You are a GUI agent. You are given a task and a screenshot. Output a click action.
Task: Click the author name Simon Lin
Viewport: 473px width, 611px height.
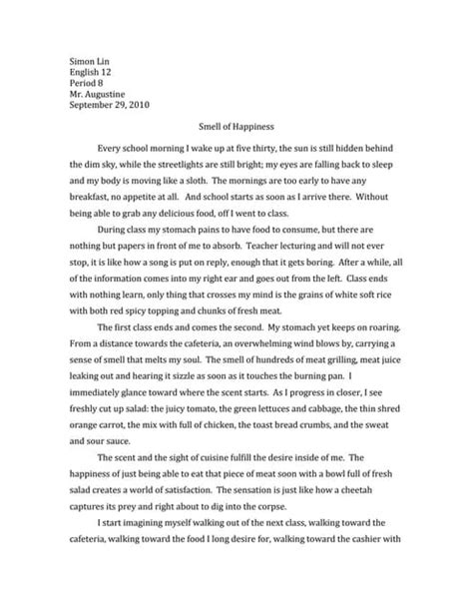click(90, 62)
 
